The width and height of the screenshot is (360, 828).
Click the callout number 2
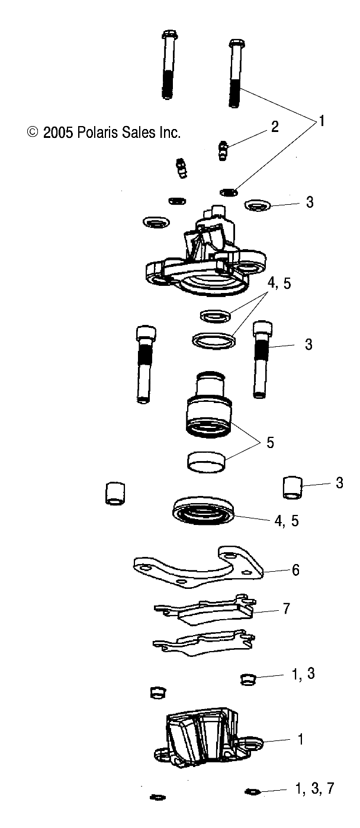(274, 127)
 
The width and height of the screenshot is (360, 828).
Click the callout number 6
(295, 570)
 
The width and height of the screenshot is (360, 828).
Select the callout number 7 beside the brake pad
(286, 608)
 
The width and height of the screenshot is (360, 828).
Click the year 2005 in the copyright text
(58, 133)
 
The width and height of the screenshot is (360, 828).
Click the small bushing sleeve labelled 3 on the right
(291, 487)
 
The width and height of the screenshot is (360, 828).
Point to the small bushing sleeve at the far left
(115, 493)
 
